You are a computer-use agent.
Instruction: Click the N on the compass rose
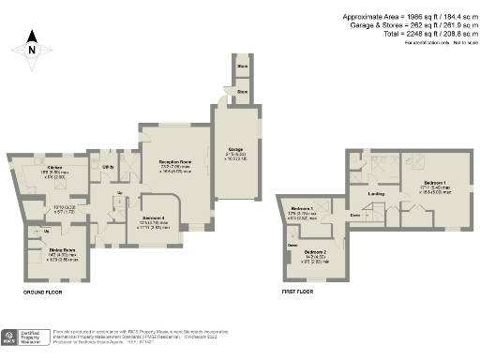coord(32,51)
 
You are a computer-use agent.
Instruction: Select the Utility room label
coord(108,167)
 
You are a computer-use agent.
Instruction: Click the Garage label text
coord(235,150)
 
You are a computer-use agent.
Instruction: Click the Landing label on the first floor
coord(376,195)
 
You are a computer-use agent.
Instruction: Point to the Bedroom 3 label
coord(301,208)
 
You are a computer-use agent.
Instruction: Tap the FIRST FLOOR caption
coord(298,292)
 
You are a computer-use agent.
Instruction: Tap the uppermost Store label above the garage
coord(242,67)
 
